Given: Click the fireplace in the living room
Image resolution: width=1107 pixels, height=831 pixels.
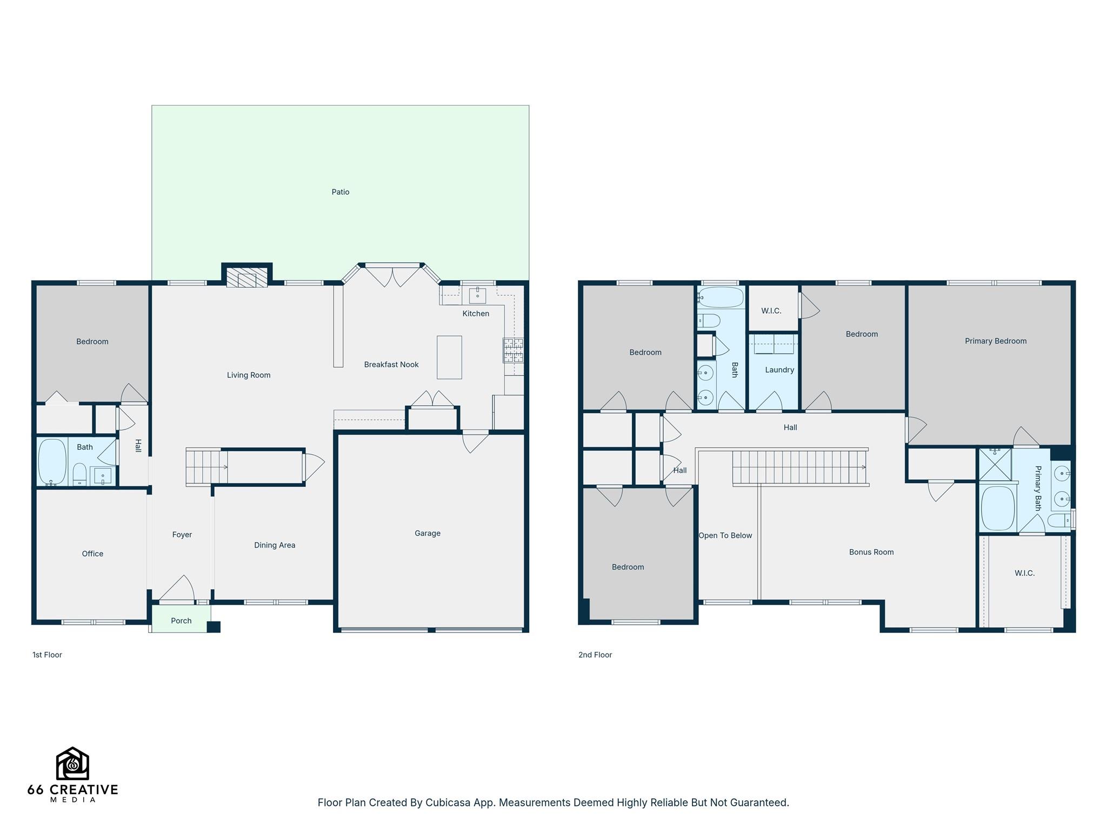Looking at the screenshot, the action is tap(247, 278).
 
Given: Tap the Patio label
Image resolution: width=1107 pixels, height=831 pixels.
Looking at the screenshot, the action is tap(341, 192).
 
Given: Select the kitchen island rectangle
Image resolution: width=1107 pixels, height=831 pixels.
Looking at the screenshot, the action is tap(449, 357).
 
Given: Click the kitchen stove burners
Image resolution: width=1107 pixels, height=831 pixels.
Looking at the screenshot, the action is tap(514, 350).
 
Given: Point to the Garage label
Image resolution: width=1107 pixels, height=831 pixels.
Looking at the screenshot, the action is tap(428, 533).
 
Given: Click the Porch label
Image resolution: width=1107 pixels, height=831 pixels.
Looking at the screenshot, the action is tap(181, 621).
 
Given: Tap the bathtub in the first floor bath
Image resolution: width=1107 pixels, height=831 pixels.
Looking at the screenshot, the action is tap(52, 462).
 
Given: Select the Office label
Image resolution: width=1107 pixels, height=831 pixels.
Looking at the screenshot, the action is tap(92, 553).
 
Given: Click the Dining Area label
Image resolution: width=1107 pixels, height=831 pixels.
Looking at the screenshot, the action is tap(275, 545).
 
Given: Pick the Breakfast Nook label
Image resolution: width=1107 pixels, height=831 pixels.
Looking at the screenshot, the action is tap(391, 365).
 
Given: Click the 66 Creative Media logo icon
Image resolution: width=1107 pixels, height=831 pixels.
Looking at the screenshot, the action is tap(72, 763).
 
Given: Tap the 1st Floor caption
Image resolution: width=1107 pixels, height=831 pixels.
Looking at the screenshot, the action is tap(47, 655).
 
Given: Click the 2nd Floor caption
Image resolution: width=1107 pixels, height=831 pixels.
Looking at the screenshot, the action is tap(595, 655).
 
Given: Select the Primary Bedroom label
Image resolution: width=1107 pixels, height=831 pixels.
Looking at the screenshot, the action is tap(996, 341).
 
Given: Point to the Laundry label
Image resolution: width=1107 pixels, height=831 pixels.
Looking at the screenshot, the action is tap(779, 370).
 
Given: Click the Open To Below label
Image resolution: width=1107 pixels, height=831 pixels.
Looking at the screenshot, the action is tap(725, 536).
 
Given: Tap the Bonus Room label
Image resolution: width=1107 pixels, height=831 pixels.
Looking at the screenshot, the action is tap(871, 552).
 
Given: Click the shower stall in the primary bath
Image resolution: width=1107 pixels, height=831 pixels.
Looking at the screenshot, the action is tap(995, 464).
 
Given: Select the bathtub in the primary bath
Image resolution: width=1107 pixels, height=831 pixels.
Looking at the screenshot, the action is tap(998, 509).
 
